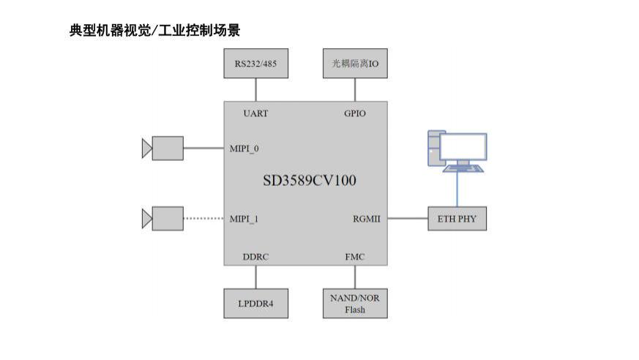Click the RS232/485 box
pyautogui.click(x=255, y=64)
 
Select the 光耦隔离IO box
pyautogui.click(x=355, y=64)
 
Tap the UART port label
pyautogui.click(x=255, y=113)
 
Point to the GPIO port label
pyautogui.click(x=355, y=113)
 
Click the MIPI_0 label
pyautogui.click(x=244, y=149)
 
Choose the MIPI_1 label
pyautogui.click(x=244, y=219)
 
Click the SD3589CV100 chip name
pyautogui.click(x=310, y=180)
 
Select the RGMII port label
pyautogui.click(x=367, y=219)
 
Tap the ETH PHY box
pyautogui.click(x=457, y=219)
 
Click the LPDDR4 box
pyautogui.click(x=255, y=303)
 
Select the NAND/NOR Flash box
pyautogui.click(x=355, y=303)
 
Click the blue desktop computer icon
pyautogui.click(x=457, y=151)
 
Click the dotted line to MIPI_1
pyautogui.click(x=203, y=219)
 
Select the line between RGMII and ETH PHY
pyautogui.click(x=408, y=219)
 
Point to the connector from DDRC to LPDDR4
pyautogui.click(x=255, y=277)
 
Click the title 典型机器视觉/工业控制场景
pyautogui.click(x=155, y=31)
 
